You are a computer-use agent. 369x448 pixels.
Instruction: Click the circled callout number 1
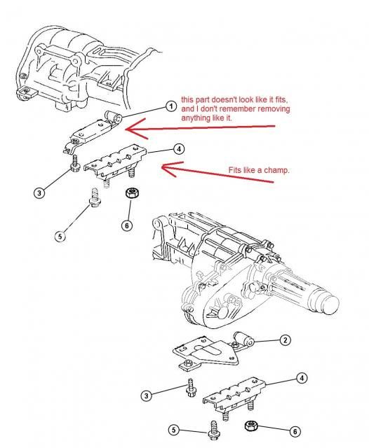click(x=170, y=106)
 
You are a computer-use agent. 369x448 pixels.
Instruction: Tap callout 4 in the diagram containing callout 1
click(x=180, y=148)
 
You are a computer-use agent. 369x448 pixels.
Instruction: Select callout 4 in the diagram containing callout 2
click(x=302, y=379)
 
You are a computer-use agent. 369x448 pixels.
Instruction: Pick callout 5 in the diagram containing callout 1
click(x=60, y=236)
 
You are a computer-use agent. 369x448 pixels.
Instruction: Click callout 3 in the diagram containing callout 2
click(x=146, y=396)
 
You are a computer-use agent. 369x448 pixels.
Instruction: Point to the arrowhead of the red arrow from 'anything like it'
click(x=128, y=128)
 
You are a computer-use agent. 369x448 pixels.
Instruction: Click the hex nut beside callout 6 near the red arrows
click(x=130, y=192)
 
